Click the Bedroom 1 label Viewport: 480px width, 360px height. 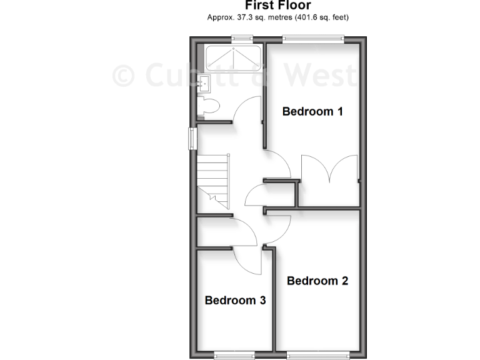312,112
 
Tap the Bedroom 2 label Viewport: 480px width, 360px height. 317,281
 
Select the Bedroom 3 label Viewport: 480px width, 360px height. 236,301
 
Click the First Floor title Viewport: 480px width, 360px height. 278,6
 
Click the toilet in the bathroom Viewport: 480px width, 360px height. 207,106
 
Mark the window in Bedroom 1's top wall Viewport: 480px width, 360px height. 314,39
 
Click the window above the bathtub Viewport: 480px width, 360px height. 238,39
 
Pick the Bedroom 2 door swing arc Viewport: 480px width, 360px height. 279,230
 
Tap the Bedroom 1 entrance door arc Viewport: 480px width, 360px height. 277,164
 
